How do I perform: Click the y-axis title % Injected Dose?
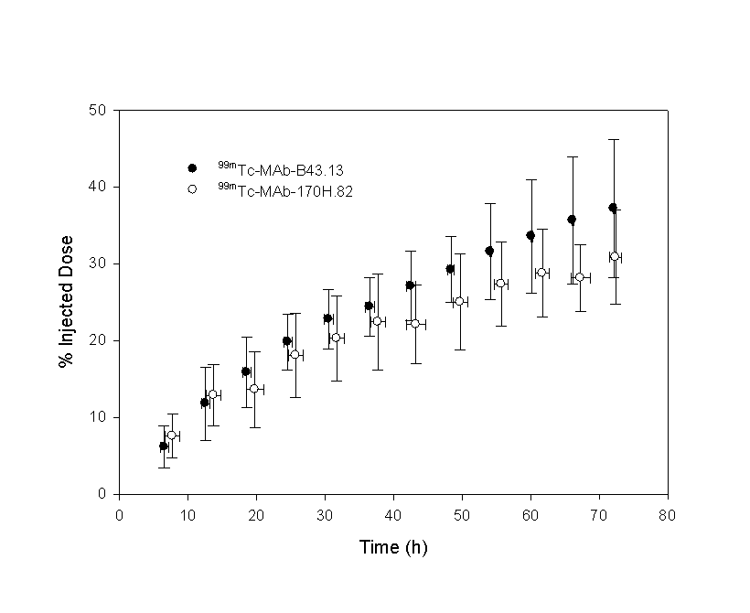(x=66, y=302)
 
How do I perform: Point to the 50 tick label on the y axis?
(x=98, y=111)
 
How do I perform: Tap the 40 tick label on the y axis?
(x=98, y=187)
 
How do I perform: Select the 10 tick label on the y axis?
(x=98, y=417)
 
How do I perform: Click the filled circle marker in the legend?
(x=192, y=168)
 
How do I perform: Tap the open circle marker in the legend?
(x=192, y=189)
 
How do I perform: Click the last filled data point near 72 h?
(x=613, y=208)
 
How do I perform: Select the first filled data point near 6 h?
(x=164, y=446)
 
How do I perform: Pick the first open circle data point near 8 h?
(x=172, y=435)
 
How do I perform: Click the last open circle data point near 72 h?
(x=615, y=257)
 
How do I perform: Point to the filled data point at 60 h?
(x=530, y=235)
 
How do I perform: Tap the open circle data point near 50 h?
(x=459, y=301)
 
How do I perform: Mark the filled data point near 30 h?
(x=327, y=318)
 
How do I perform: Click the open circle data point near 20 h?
(x=254, y=389)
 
